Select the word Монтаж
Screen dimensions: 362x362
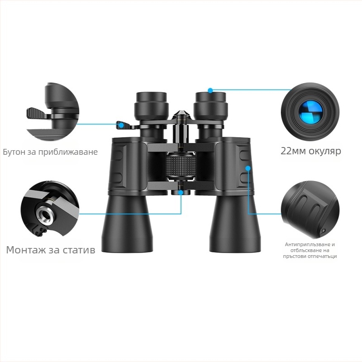tap(28, 249)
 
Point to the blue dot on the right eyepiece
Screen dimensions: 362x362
tap(210, 90)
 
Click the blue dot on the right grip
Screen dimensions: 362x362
tap(248, 168)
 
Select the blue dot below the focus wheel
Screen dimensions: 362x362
tap(181, 192)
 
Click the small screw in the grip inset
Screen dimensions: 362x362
tap(323, 231)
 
